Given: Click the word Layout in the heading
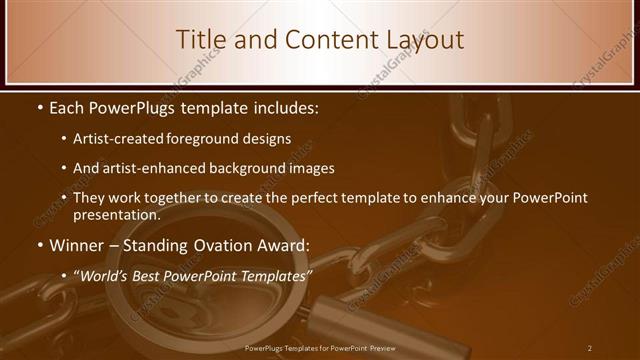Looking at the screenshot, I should click(420, 39).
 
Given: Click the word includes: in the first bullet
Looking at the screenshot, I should click(282, 107).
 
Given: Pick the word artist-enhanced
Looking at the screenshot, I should click(165, 169).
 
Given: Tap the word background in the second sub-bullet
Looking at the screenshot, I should click(264, 169).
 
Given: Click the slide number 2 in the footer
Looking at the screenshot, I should click(590, 348).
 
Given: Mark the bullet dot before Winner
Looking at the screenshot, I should click(39, 246).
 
